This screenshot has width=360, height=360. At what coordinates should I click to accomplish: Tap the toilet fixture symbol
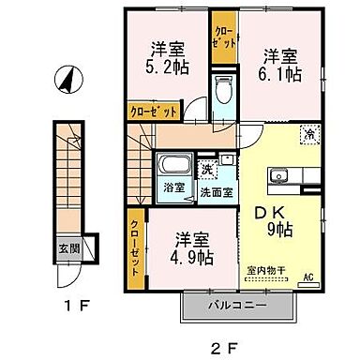click(x=222, y=92)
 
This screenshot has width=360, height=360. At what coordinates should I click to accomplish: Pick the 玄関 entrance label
click(x=70, y=248)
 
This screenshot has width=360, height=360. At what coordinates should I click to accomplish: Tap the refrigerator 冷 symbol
click(x=307, y=134)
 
